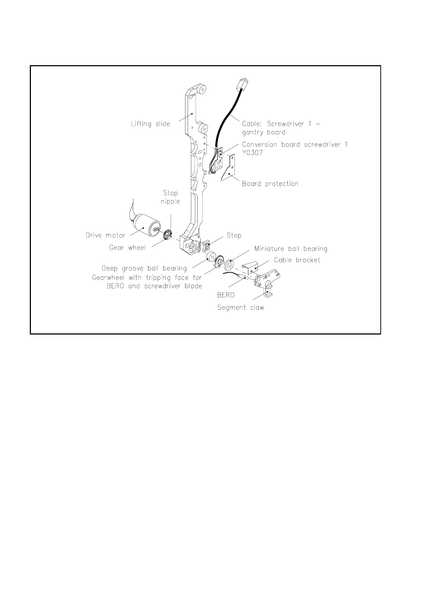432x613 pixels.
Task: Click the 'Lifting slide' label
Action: (x=150, y=124)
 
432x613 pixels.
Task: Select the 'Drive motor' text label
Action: (x=105, y=235)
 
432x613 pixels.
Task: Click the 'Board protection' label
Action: (x=270, y=184)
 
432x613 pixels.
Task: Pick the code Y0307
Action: (x=252, y=153)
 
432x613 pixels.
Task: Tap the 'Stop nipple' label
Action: (x=170, y=197)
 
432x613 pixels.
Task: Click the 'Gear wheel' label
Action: (x=127, y=248)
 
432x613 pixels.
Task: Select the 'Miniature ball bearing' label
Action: (x=291, y=249)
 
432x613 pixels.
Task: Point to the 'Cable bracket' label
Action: (x=297, y=260)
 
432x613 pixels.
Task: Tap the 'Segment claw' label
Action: (x=240, y=308)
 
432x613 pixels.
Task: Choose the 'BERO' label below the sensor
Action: (x=226, y=295)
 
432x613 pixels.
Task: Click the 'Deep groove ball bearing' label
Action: (x=144, y=269)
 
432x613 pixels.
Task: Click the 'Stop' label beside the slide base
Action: (x=234, y=235)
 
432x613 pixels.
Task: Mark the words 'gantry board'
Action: (x=264, y=133)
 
